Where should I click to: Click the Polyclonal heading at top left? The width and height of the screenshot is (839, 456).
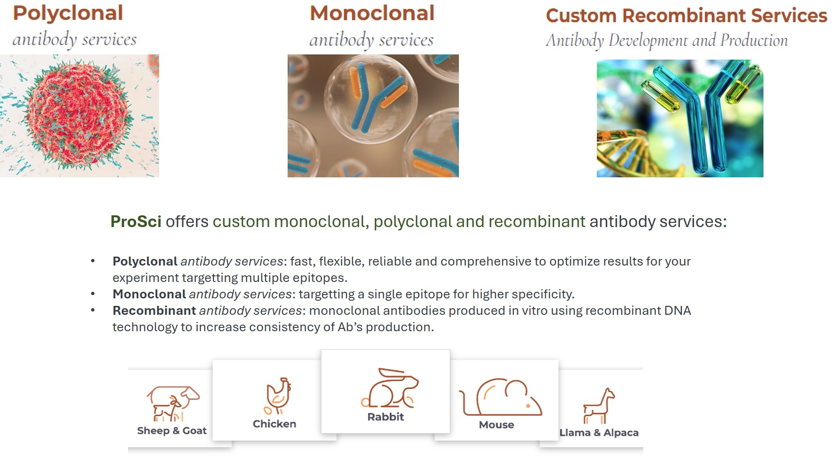coord(68,14)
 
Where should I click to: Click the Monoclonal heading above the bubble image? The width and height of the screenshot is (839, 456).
coord(372,13)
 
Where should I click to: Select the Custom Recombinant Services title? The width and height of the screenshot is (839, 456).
coord(686,15)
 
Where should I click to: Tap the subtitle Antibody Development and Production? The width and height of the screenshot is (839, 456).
coord(667,40)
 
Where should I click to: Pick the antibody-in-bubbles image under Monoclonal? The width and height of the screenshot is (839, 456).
coord(373,116)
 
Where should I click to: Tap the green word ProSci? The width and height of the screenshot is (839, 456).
coord(136,221)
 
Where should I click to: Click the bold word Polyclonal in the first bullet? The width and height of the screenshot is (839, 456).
coord(145,261)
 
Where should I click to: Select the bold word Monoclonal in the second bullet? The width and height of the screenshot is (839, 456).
coord(149,294)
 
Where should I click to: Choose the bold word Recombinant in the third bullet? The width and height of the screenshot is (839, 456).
coord(154,311)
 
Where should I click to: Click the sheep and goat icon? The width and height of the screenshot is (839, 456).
coord(173,403)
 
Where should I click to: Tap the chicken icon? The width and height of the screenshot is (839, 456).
coord(278,396)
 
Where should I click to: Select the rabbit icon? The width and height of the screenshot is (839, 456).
coord(389,388)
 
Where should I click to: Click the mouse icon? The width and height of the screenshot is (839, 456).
coord(500,397)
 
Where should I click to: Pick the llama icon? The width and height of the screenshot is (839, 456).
coord(599,406)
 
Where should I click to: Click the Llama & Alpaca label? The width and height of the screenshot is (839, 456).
coord(599,433)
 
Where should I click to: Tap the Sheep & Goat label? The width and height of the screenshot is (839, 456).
coord(172,431)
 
